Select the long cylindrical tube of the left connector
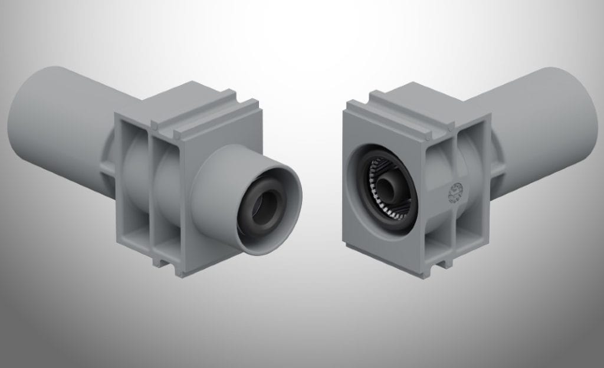(x=65, y=124)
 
